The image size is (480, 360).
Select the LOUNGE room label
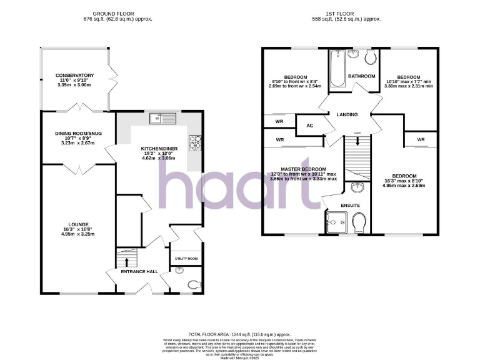point(79,224)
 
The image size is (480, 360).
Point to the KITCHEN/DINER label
point(156,148)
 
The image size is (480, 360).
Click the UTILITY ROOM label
point(186,259)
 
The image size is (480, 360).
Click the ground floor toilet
point(194,284)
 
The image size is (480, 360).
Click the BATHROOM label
point(362,76)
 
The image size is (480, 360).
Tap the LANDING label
point(347,115)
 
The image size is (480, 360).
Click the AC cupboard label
point(309,126)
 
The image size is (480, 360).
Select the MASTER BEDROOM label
point(303,169)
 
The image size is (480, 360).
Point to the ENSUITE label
point(350,205)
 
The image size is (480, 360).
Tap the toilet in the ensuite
point(359,222)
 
